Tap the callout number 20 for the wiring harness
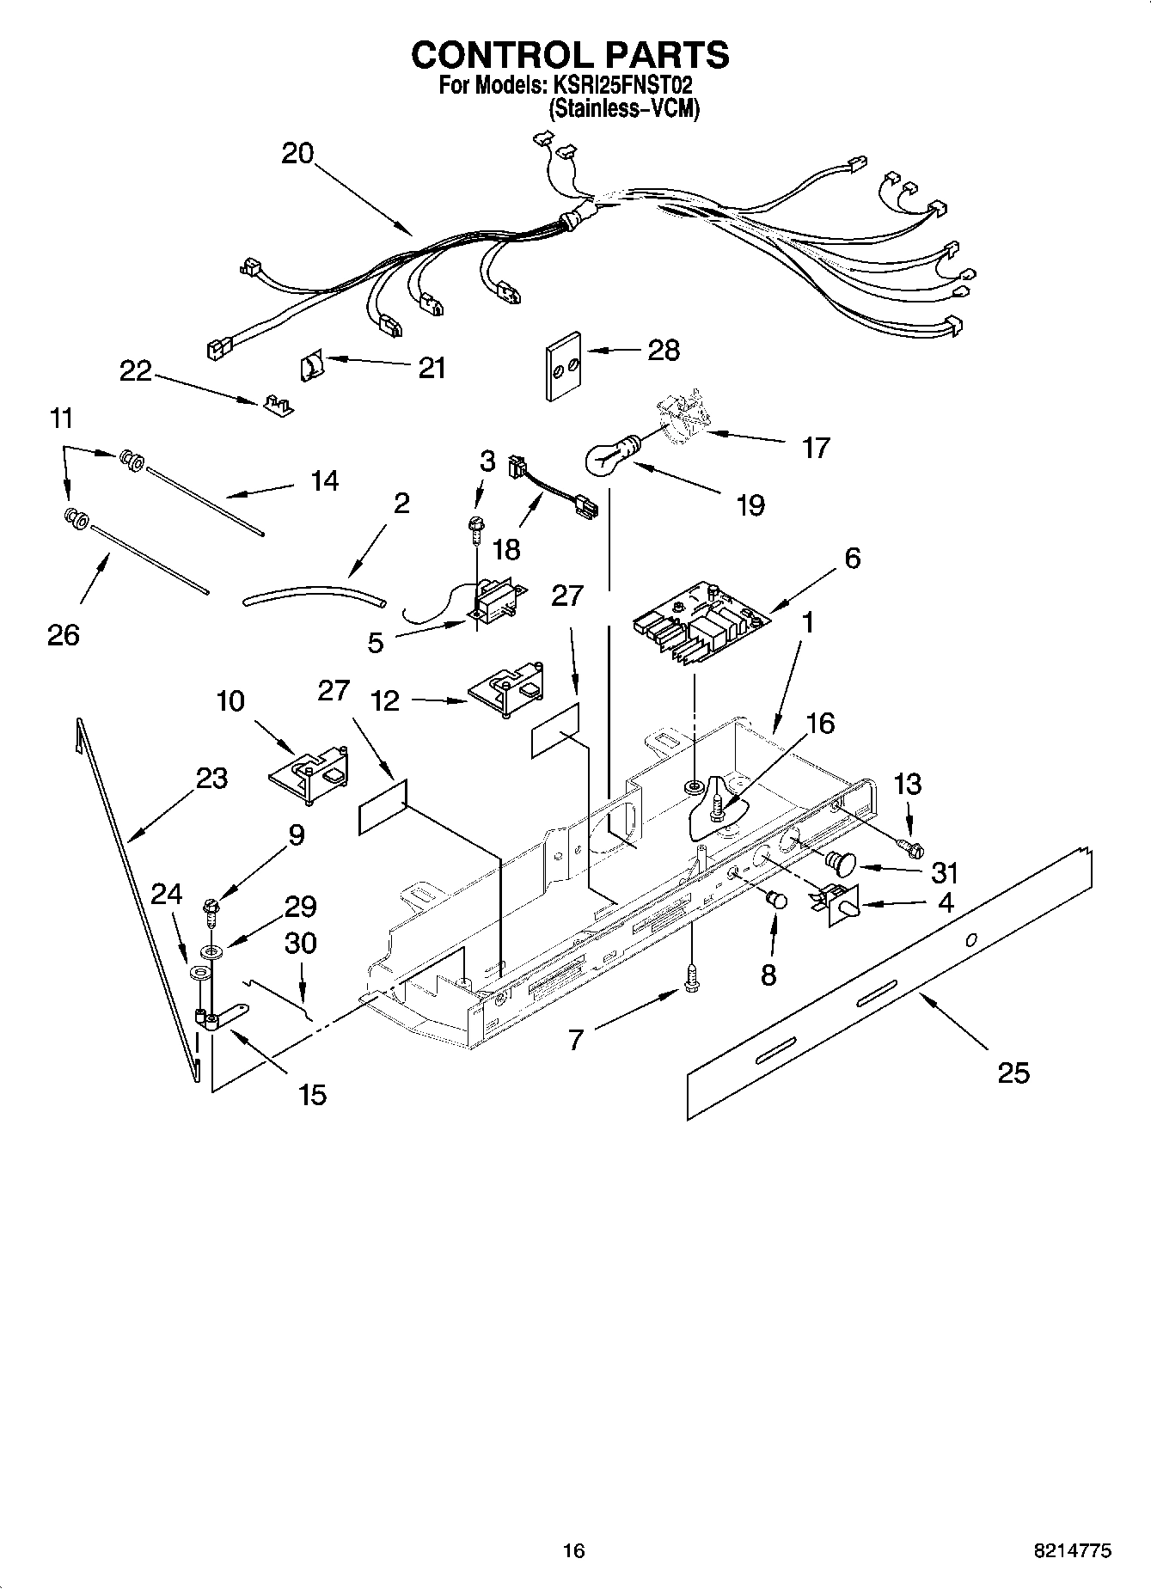pyautogui.click(x=298, y=154)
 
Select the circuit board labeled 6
pyautogui.click(x=698, y=633)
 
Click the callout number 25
pyautogui.click(x=1013, y=1073)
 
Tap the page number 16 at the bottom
pyautogui.click(x=573, y=1551)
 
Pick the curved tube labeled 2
pyautogui.click(x=314, y=594)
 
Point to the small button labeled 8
pyautogui.click(x=776, y=901)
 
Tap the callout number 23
pyautogui.click(x=211, y=779)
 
